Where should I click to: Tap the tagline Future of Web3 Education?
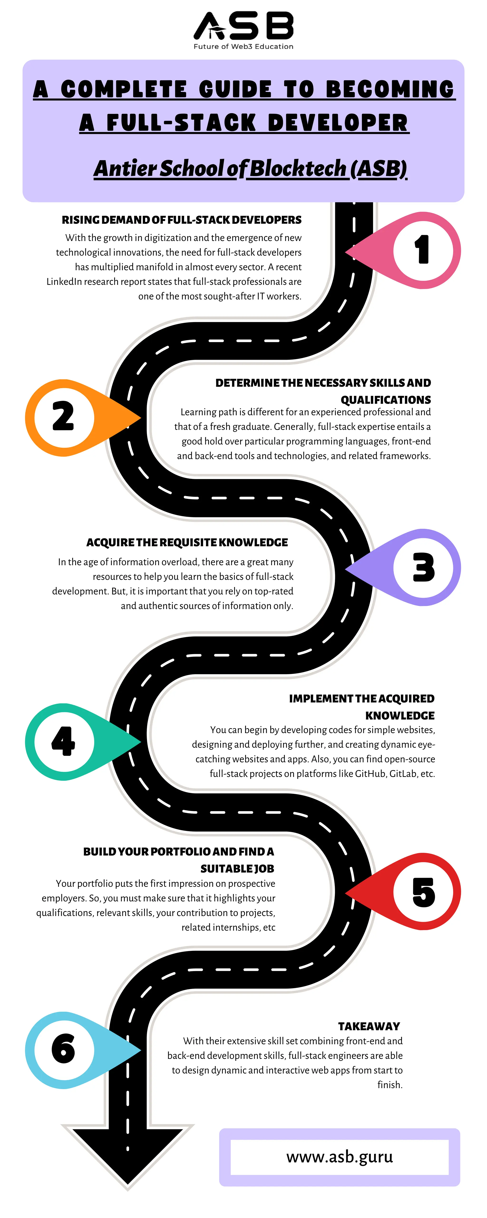coord(243,46)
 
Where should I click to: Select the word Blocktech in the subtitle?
coord(298,168)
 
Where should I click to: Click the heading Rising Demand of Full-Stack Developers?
coord(182,220)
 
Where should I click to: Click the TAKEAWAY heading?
coord(369,1026)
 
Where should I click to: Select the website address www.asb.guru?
coord(340,1157)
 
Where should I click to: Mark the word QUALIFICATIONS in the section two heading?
coord(385,400)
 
